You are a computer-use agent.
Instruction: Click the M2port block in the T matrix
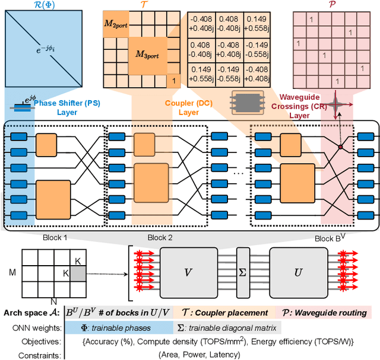pyautogui.click(x=116, y=25)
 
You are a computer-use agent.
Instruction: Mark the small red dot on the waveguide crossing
pyautogui.click(x=340, y=145)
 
